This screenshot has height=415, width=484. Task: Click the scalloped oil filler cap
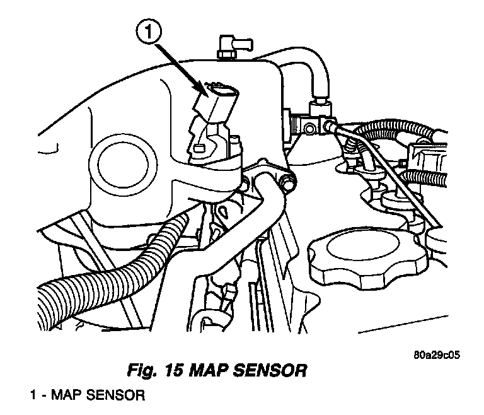353,255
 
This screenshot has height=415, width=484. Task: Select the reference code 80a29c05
432,354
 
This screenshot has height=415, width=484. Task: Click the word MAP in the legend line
66,396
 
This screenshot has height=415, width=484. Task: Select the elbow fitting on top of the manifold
227,45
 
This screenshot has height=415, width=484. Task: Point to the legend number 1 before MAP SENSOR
34,396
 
